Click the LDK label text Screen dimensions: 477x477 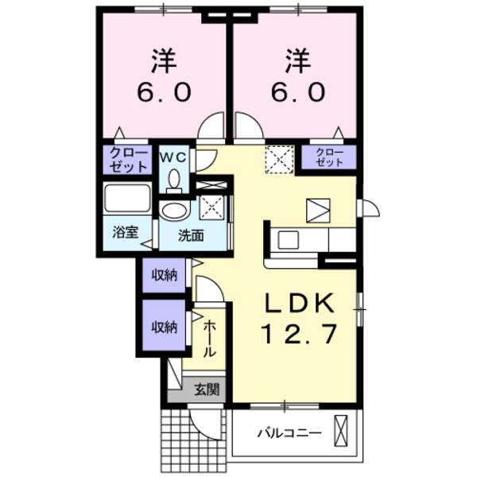click(x=303, y=303)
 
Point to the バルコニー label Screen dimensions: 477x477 click(x=289, y=433)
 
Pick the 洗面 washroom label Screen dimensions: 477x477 click(x=190, y=235)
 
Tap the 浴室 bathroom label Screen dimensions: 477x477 click(x=124, y=233)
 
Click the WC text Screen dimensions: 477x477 click(x=173, y=157)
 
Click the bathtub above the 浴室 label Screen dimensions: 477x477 click(x=127, y=200)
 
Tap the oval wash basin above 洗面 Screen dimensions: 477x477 click(x=174, y=210)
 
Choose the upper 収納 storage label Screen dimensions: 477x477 click(x=165, y=276)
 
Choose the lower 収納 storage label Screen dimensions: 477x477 click(x=165, y=327)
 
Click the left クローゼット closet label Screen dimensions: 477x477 click(x=127, y=160)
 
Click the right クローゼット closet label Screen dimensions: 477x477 click(x=328, y=157)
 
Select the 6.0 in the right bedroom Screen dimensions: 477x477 click(x=299, y=92)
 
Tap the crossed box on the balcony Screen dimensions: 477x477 click(x=342, y=432)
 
